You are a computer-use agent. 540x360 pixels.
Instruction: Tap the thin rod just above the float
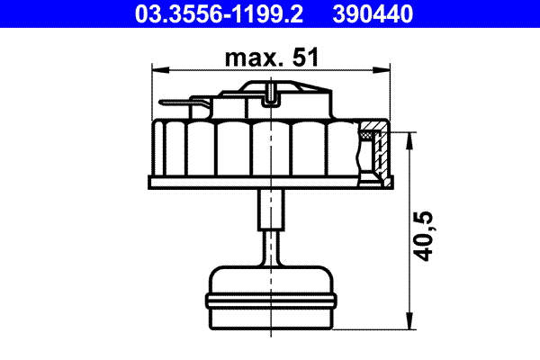pos(271,247)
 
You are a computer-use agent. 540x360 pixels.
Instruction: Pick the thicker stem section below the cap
pos(271,210)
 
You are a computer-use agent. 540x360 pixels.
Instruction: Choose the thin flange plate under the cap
pos(271,183)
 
